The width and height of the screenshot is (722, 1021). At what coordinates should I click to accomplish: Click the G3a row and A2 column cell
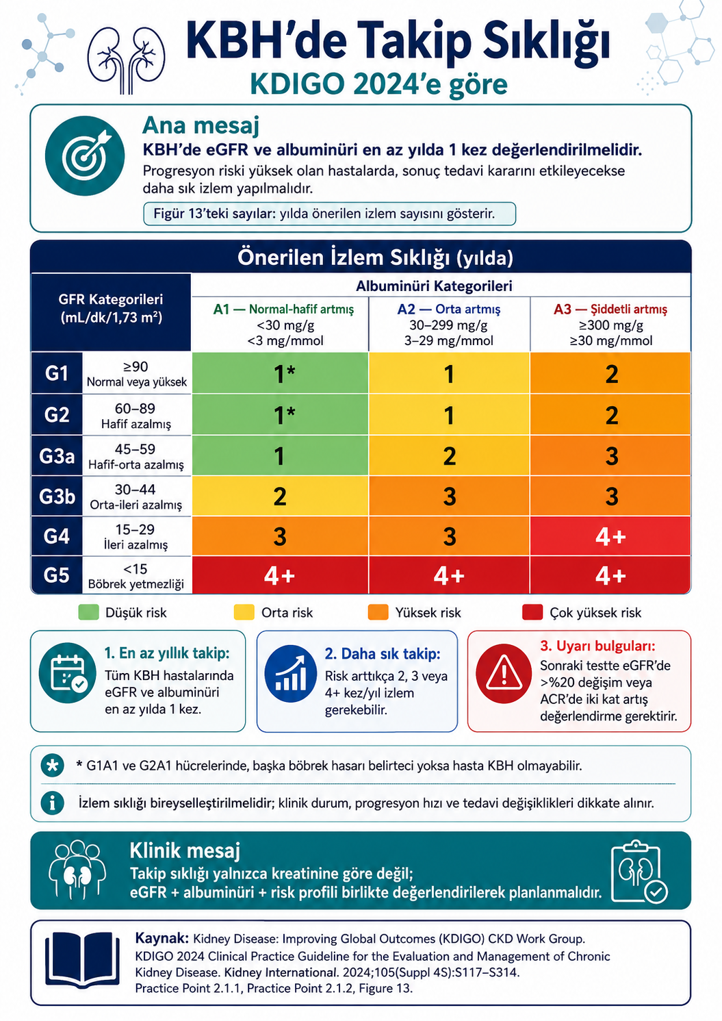[449, 456]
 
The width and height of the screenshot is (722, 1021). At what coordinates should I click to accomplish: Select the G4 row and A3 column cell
[610, 536]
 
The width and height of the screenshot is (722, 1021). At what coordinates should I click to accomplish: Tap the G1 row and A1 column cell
[280, 373]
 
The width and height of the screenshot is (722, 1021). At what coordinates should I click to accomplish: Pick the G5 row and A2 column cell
[449, 575]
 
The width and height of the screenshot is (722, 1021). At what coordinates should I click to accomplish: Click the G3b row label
[57, 496]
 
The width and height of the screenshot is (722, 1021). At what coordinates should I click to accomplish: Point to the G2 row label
[57, 415]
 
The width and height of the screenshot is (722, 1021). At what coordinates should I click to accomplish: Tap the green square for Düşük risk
[88, 612]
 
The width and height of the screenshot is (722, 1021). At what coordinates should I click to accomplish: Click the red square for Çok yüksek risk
[532, 612]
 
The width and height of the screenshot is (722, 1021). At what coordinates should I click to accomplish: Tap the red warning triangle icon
[504, 674]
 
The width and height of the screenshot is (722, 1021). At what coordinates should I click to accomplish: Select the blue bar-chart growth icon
[291, 674]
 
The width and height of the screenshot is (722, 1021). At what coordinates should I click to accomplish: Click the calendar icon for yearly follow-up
[68, 673]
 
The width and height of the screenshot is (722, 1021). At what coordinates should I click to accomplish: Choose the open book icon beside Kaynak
[82, 959]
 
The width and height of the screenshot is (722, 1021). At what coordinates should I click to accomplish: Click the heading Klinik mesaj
[185, 850]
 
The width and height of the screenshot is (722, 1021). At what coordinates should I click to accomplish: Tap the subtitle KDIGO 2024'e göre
[379, 84]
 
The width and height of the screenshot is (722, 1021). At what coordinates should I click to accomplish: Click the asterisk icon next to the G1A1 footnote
[53, 766]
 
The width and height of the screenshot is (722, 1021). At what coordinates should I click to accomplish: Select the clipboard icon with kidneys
[639, 872]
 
